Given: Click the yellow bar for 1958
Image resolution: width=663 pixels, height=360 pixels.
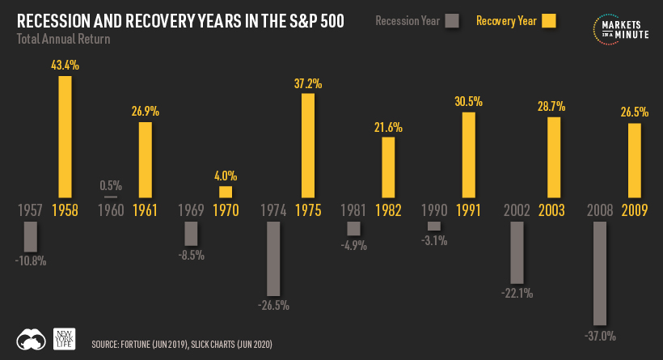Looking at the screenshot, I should [65, 138].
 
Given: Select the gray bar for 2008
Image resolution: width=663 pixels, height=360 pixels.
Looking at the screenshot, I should [600, 273].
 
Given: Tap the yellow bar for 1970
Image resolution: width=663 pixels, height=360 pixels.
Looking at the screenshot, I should [226, 192].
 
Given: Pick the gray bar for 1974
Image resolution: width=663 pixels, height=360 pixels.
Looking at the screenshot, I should [273, 258].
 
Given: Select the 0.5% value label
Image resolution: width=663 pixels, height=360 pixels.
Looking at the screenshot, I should [111, 184].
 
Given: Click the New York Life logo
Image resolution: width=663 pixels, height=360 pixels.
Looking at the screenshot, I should [63, 338].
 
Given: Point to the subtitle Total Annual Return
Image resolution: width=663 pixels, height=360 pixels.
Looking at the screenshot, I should [64, 38].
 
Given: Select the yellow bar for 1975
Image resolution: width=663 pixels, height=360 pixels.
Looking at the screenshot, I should [307, 146].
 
